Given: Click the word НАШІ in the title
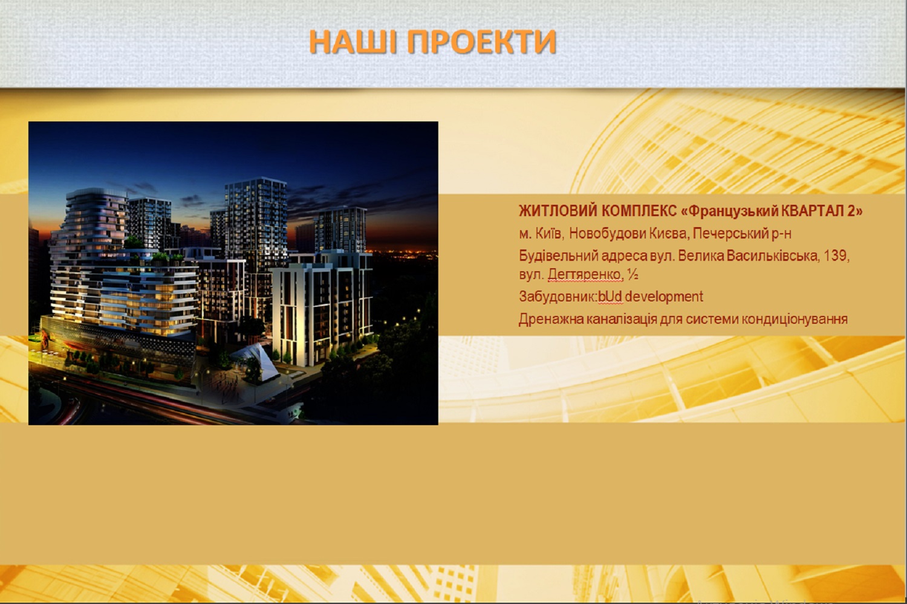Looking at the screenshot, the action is coord(353,42).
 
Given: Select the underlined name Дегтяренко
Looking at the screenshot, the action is coord(585,275).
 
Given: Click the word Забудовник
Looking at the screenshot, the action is coord(557,297).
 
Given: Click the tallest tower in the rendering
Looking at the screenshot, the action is coord(256,226).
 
